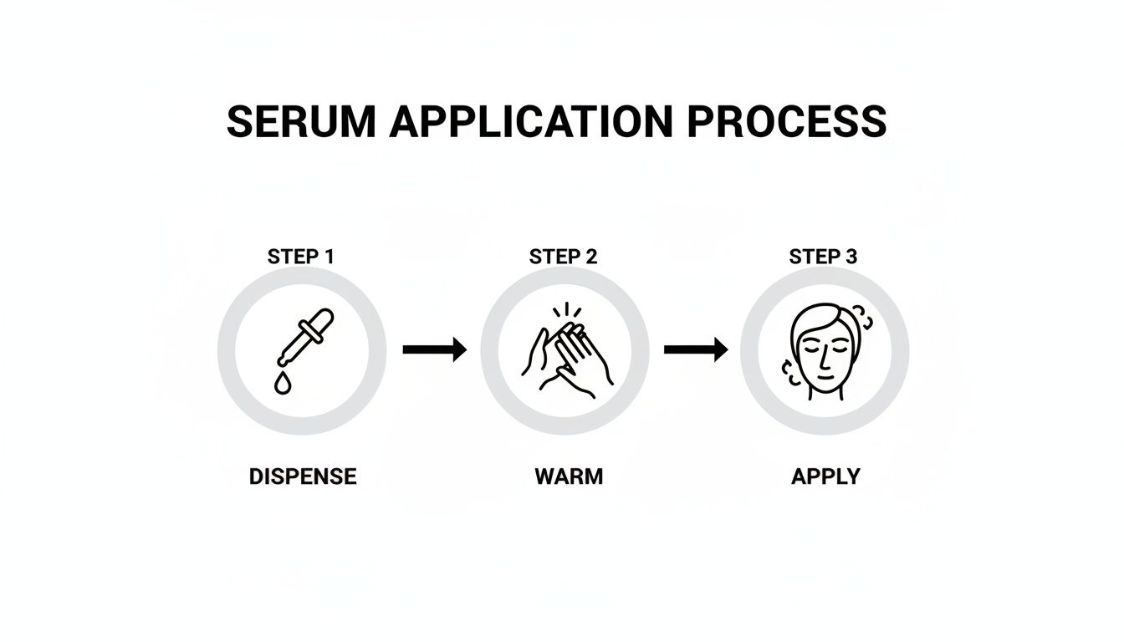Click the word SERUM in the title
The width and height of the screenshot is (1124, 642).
(301, 121)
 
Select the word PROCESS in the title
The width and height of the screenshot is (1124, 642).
(786, 121)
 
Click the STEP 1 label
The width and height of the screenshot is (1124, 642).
(301, 257)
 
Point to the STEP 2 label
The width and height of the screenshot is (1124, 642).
(564, 257)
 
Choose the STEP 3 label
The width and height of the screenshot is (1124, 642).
(824, 257)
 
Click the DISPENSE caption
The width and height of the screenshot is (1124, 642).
(303, 476)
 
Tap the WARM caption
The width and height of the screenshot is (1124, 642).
(569, 476)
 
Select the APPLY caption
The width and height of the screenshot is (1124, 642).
(825, 476)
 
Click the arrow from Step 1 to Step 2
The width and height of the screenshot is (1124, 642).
(434, 349)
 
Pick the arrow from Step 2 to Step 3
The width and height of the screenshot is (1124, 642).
(695, 349)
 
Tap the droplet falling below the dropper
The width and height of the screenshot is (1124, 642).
(283, 383)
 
